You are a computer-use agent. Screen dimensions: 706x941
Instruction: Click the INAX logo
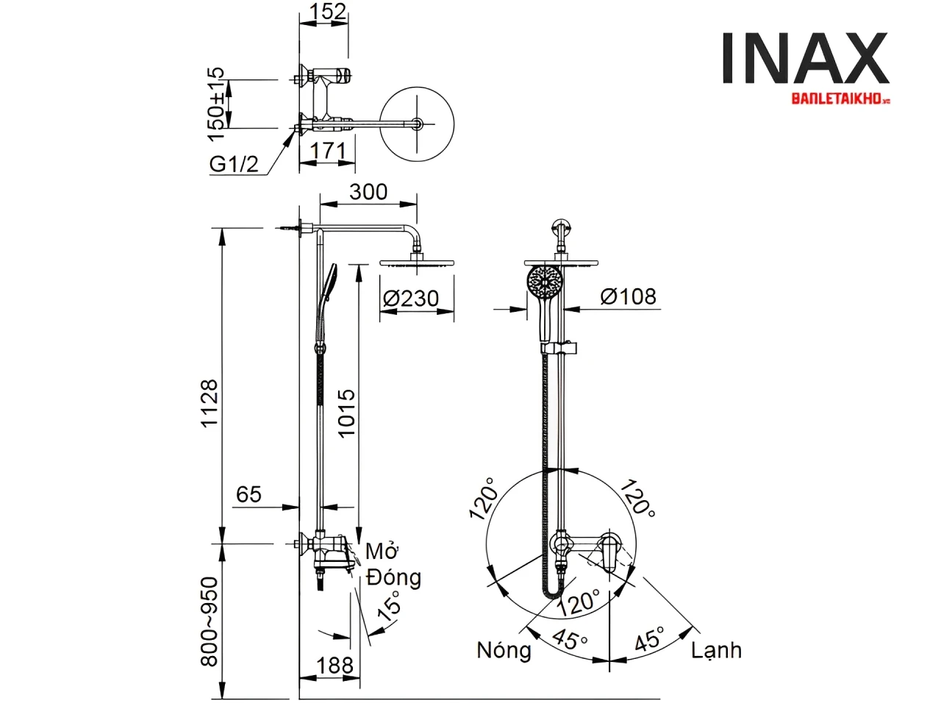click(x=805, y=58)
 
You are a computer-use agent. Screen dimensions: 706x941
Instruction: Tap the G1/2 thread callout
click(x=235, y=164)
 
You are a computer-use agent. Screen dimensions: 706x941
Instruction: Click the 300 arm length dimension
click(x=368, y=191)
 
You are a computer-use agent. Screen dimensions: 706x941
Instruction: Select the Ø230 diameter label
click(x=411, y=299)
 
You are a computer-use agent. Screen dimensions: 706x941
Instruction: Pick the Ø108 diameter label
click(x=628, y=296)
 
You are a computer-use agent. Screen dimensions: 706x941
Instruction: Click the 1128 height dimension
click(x=210, y=403)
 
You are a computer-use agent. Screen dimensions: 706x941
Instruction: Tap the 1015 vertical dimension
click(x=346, y=413)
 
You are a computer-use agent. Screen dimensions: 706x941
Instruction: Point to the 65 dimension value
click(x=248, y=494)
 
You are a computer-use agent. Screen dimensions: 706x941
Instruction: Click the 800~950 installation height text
click(x=210, y=621)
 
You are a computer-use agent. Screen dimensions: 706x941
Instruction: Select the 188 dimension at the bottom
click(x=334, y=665)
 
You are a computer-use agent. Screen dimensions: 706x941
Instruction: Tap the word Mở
click(x=382, y=551)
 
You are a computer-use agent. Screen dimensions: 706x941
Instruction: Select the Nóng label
click(x=504, y=650)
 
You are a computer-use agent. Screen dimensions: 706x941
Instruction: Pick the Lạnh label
click(x=716, y=650)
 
